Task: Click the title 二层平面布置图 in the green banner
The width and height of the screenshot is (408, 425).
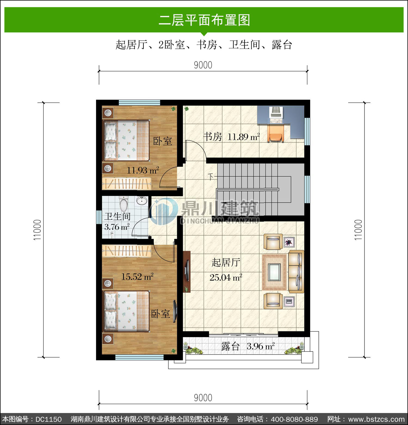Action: pyautogui.click(x=204, y=20)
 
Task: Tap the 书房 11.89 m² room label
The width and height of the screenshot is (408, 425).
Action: pyautogui.click(x=231, y=137)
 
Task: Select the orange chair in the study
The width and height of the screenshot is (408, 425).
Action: pyautogui.click(x=276, y=135)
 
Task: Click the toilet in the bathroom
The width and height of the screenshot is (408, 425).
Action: pyautogui.click(x=123, y=204)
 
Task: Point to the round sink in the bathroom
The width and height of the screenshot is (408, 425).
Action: pyautogui.click(x=141, y=201)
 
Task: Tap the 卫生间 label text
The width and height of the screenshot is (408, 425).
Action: pyautogui.click(x=118, y=217)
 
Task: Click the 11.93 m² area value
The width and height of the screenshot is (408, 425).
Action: pyautogui.click(x=143, y=171)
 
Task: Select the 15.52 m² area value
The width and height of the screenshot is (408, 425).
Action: pyautogui.click(x=137, y=277)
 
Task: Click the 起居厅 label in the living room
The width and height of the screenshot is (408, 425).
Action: pyautogui.click(x=226, y=262)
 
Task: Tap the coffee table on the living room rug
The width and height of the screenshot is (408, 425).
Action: pyautogui.click(x=274, y=272)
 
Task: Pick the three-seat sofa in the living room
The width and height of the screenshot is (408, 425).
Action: pyautogui.click(x=296, y=272)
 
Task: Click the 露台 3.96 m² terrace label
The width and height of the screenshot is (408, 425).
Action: pyautogui.click(x=248, y=346)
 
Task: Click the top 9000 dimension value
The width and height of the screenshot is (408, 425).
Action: pyautogui.click(x=203, y=65)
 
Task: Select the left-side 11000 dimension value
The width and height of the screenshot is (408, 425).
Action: pyautogui.click(x=38, y=230)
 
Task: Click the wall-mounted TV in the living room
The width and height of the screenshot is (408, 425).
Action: pyautogui.click(x=187, y=271)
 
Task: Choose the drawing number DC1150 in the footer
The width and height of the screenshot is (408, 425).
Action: pyautogui.click(x=49, y=419)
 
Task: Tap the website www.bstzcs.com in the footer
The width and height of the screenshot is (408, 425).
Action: pyautogui.click(x=377, y=419)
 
